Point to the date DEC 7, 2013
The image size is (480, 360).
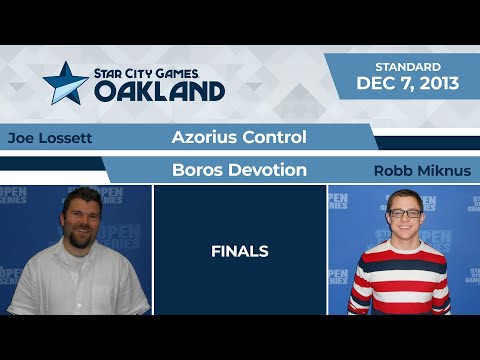408,84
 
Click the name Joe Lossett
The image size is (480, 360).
49,138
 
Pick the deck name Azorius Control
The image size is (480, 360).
238,136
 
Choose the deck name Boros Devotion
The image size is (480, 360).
239,170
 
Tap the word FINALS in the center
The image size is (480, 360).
239,251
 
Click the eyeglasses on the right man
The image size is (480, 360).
403,213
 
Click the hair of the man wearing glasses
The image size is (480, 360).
403,196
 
